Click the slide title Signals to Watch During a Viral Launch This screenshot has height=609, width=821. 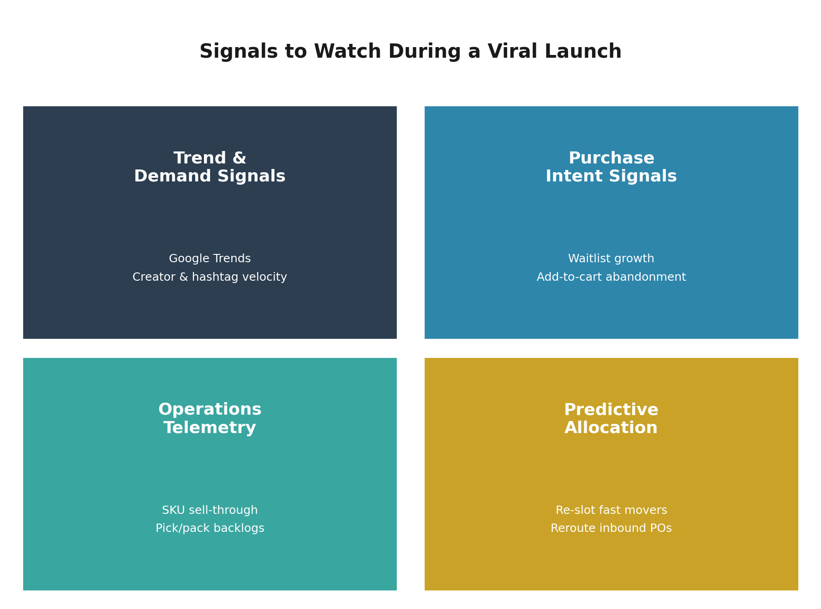point(410,52)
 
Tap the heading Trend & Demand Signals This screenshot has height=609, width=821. point(210,167)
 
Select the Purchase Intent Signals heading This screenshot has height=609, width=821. point(611,167)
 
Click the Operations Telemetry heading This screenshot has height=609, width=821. point(210,419)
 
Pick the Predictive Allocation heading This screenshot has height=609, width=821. point(611,419)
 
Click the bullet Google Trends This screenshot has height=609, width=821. point(210,259)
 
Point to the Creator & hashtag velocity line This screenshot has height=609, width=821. point(210,277)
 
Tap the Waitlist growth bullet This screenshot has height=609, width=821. point(611,259)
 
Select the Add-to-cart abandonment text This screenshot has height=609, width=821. point(611,277)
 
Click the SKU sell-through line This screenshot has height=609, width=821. point(210,510)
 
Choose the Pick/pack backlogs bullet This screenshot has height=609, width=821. point(210,528)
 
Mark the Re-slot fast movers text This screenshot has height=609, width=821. point(611,510)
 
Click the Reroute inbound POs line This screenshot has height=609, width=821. point(611,528)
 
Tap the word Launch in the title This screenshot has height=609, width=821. point(583,52)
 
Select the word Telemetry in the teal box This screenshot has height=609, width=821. point(210,428)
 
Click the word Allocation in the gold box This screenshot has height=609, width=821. point(611,428)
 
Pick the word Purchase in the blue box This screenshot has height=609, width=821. point(611,158)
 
